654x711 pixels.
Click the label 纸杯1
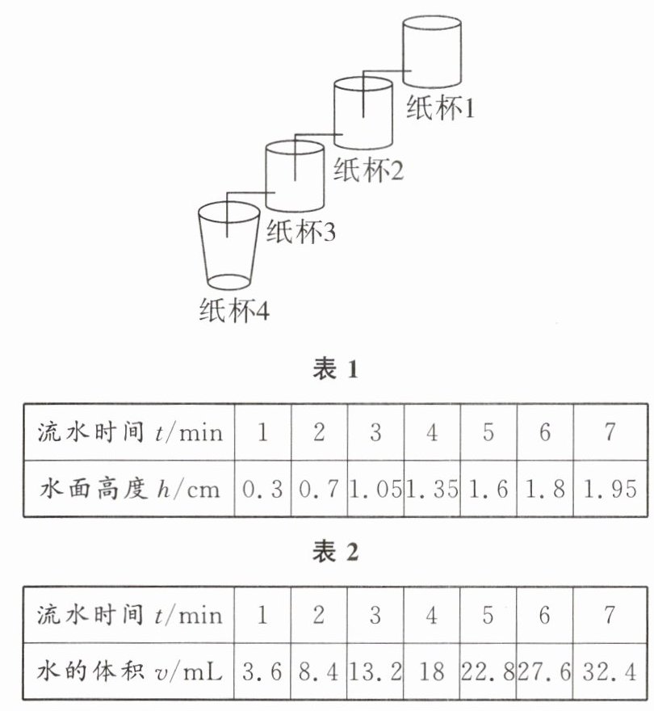pyautogui.click(x=440, y=108)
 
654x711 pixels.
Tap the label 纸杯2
pyautogui.click(x=368, y=170)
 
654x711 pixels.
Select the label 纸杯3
pyautogui.click(x=300, y=233)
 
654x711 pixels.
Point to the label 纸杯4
pyautogui.click(x=233, y=310)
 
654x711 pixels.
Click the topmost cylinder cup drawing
pyautogui.click(x=432, y=53)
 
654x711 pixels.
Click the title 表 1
pyautogui.click(x=334, y=370)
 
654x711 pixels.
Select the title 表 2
pyautogui.click(x=334, y=553)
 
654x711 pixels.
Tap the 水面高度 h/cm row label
pyautogui.click(x=129, y=489)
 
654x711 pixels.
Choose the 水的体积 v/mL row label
pyautogui.click(x=129, y=671)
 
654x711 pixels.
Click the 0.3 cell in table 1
pyautogui.click(x=262, y=489)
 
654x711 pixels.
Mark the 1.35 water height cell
pyautogui.click(x=432, y=489)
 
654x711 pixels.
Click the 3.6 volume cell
pyautogui.click(x=262, y=671)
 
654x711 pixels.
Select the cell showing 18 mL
pyautogui.click(x=432, y=671)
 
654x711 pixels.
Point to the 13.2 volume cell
pyautogui.click(x=375, y=671)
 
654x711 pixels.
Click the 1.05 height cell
pyautogui.click(x=375, y=489)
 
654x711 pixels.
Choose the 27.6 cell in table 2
pyautogui.click(x=545, y=671)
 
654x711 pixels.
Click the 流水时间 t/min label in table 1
pyautogui.click(x=129, y=432)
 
